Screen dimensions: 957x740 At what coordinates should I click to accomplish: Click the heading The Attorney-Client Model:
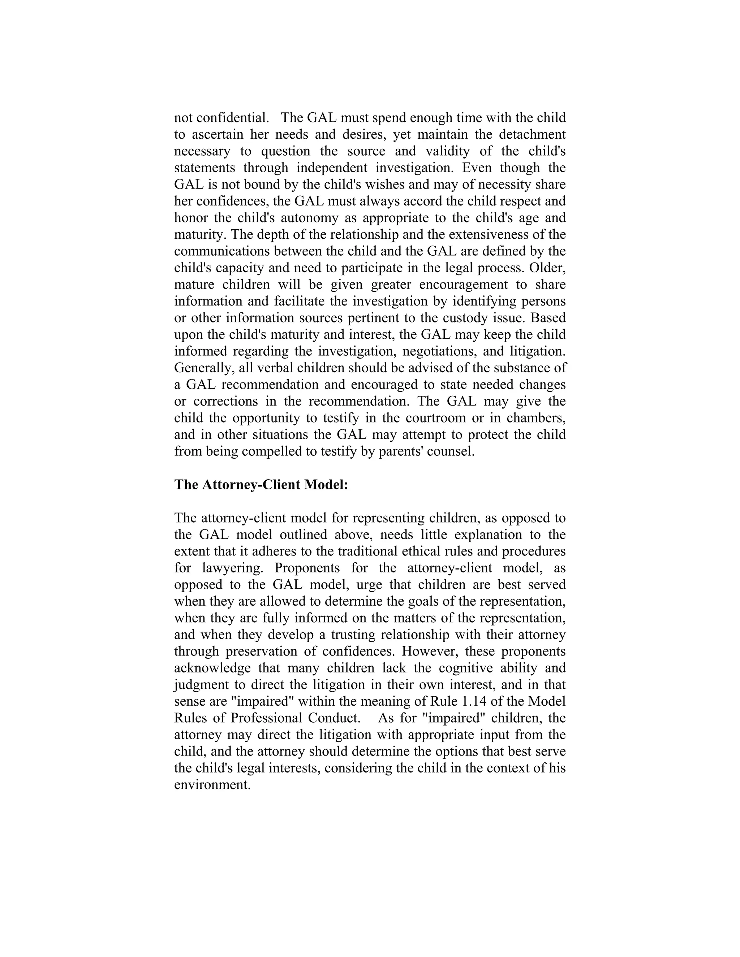click(261, 485)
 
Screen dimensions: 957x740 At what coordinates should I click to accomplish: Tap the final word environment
click(212, 785)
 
